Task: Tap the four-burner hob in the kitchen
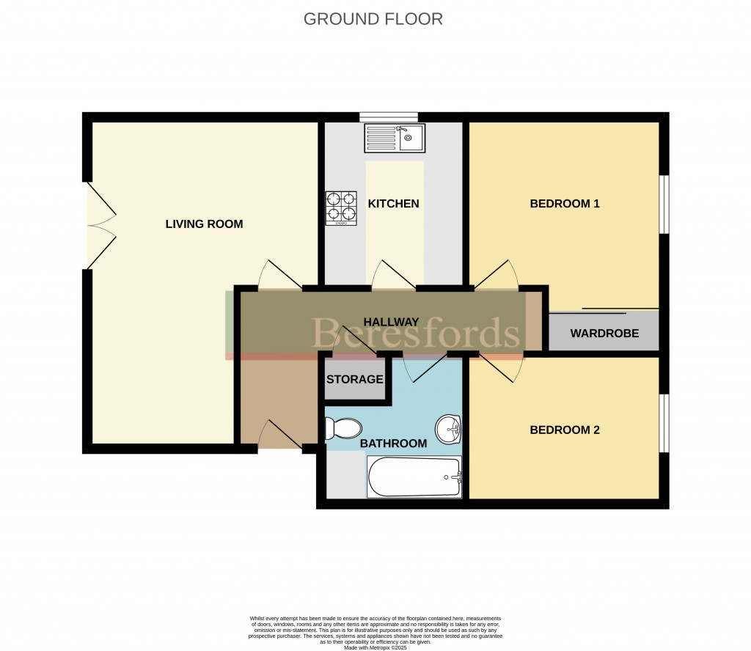(x=341, y=207)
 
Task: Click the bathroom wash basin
(x=447, y=428)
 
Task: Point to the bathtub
(x=414, y=477)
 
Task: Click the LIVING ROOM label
(x=204, y=224)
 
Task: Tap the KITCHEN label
(x=394, y=204)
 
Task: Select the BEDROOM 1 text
(x=565, y=204)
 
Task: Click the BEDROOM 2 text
(x=565, y=430)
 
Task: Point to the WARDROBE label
(x=604, y=334)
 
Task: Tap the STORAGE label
(x=355, y=380)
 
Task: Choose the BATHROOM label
(x=393, y=444)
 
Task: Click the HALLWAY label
(x=391, y=322)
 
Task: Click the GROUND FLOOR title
(x=373, y=19)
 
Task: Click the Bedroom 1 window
(x=664, y=205)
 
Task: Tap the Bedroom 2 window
(x=664, y=424)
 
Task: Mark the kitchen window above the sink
(x=389, y=116)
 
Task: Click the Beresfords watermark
(x=417, y=334)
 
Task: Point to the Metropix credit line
(x=375, y=647)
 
